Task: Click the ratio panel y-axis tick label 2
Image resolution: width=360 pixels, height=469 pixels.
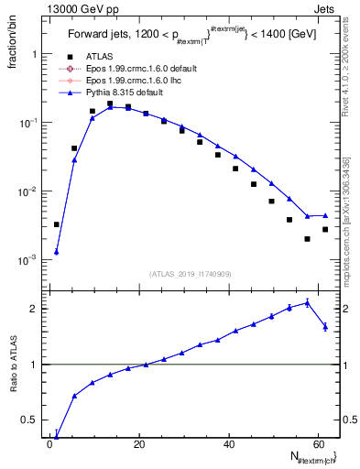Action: [34, 309]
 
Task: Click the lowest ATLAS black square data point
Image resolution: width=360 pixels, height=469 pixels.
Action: [307, 239]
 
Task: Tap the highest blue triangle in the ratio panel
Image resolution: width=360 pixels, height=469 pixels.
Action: [307, 302]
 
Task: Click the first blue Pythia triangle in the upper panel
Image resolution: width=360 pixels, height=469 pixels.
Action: [57, 252]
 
